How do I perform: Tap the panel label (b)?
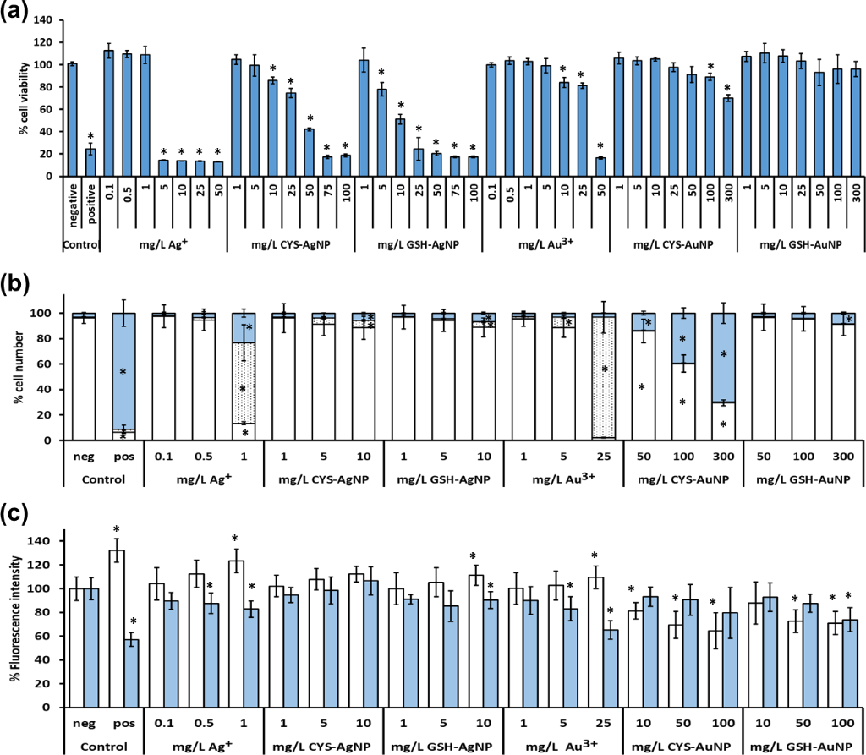coord(17,282)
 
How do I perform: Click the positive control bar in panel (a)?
coord(90,162)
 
